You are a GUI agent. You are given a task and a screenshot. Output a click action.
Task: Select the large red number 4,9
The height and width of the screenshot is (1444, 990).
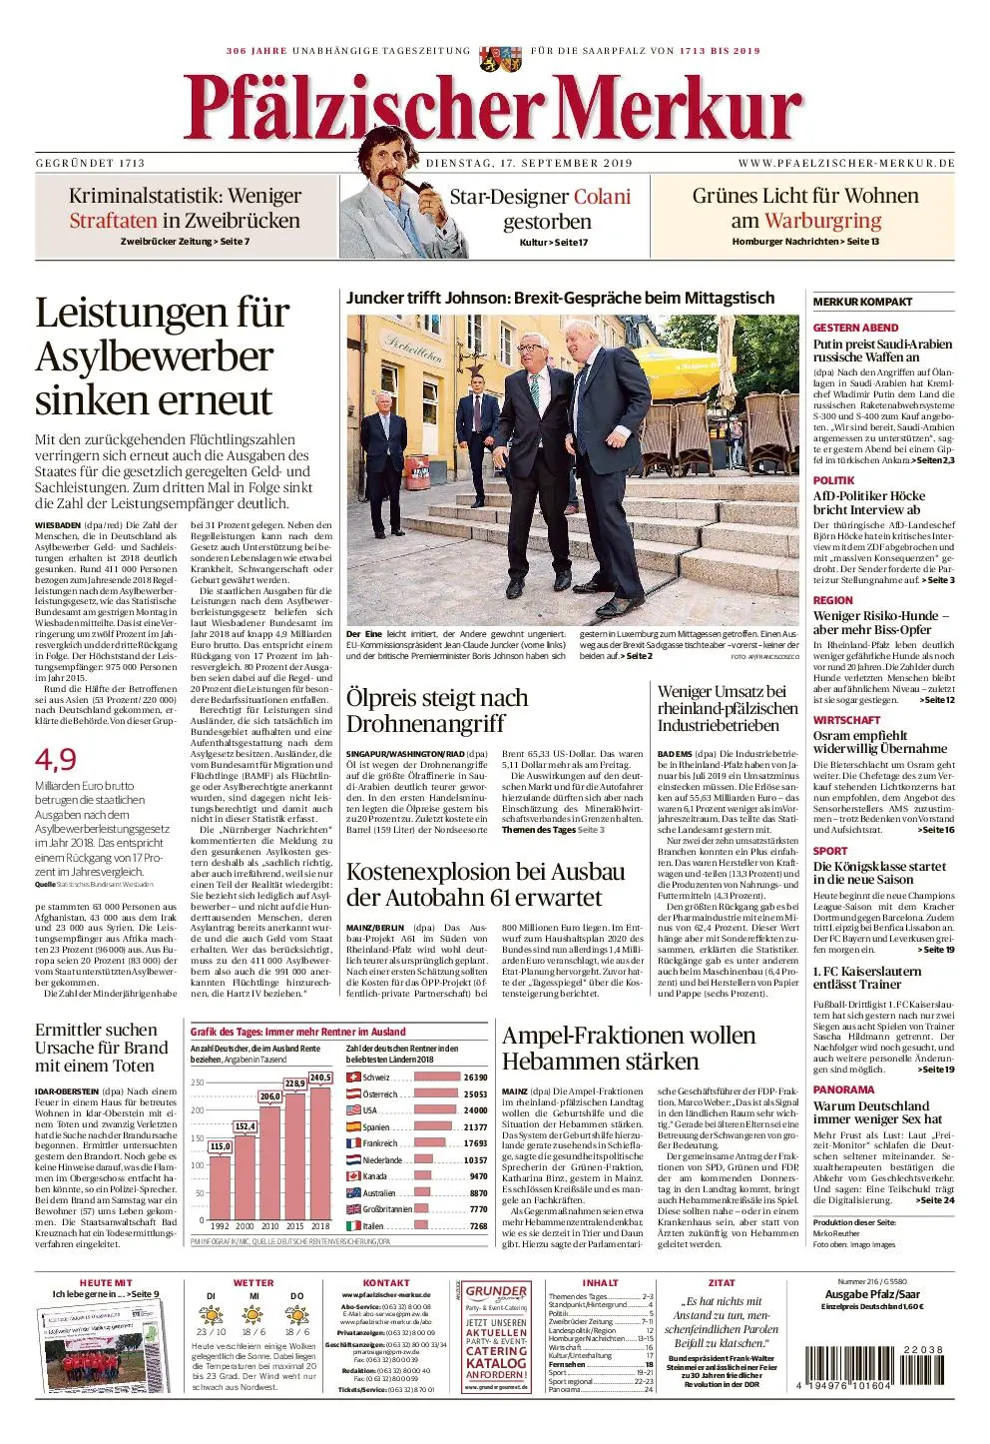[x=56, y=759]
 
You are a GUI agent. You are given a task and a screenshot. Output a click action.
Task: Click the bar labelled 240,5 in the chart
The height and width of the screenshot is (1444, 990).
[x=320, y=1150]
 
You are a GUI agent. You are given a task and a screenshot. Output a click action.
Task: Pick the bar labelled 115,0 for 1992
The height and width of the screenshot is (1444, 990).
[x=220, y=1188]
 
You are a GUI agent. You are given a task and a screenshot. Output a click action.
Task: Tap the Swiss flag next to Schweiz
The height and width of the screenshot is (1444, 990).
[x=353, y=1078]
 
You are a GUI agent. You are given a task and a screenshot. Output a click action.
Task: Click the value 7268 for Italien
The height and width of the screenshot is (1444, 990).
[x=478, y=1226]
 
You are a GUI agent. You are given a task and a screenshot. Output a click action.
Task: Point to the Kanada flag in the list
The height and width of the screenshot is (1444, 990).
[x=353, y=1176]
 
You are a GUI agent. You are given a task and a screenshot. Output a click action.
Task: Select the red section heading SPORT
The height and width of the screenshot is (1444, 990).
[x=830, y=851]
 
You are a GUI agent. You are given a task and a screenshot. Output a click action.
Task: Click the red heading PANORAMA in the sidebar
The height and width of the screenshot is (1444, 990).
[x=843, y=1089]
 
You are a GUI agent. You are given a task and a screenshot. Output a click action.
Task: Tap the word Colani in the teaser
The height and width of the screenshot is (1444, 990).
[x=602, y=197]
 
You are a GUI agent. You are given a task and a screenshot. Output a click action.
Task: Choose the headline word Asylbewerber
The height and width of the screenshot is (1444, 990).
[x=154, y=357]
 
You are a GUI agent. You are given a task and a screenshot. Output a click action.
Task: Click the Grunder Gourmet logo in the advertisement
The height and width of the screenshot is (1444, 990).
[x=496, y=1294]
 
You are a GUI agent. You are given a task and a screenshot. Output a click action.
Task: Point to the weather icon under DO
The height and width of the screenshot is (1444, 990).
[x=296, y=1314]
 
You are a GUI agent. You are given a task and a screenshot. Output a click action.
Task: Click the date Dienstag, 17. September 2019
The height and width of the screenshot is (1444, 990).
[x=529, y=163]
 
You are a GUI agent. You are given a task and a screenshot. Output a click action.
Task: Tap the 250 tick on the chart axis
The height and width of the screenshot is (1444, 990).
[x=198, y=1083]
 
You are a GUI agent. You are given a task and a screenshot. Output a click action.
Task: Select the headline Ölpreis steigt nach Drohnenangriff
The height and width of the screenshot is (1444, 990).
[x=437, y=710]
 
